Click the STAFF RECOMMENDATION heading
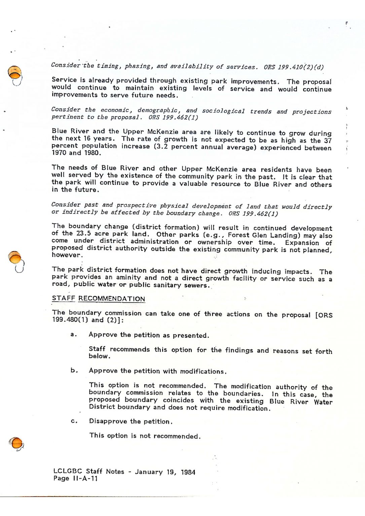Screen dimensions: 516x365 tap(98, 298)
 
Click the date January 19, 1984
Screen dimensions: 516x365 tap(165, 472)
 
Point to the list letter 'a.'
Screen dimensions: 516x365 tap(73, 334)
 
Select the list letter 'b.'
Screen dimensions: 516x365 tap(74, 371)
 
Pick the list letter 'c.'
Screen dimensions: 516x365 tap(74, 421)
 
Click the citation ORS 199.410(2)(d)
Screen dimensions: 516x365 tap(293, 67)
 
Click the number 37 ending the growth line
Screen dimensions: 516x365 tap(327, 140)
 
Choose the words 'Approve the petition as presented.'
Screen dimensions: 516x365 tap(149, 335)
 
